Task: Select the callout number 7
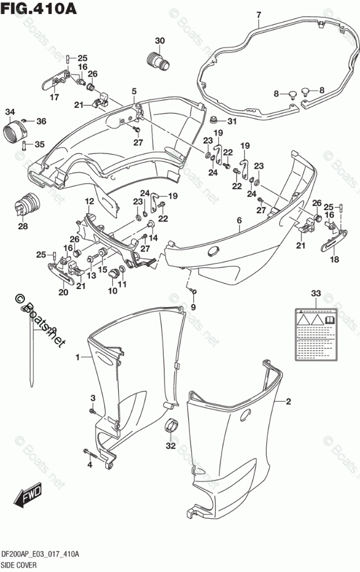point(258,14)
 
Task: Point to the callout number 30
point(160,40)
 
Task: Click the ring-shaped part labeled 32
point(171,426)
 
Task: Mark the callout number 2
point(288,402)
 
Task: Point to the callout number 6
point(238,221)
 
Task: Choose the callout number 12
point(90,201)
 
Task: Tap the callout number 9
point(193,306)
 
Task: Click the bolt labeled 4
point(93,452)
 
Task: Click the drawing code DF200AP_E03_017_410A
point(40,555)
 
